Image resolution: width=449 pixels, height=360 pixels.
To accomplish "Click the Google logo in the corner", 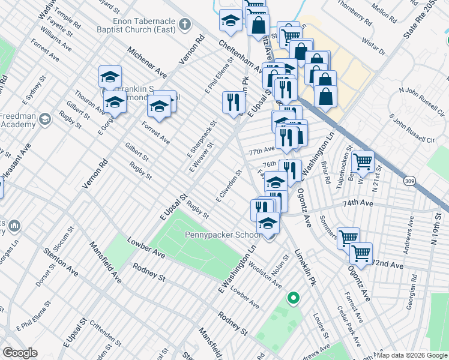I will click(20, 353).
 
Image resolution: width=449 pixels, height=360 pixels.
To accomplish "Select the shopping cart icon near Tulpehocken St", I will click(363, 161).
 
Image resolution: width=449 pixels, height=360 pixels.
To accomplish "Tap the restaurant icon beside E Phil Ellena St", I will click(232, 101).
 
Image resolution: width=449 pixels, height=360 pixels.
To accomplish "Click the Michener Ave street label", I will click(145, 64).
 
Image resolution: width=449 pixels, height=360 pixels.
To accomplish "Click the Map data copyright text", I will click(411, 355).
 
